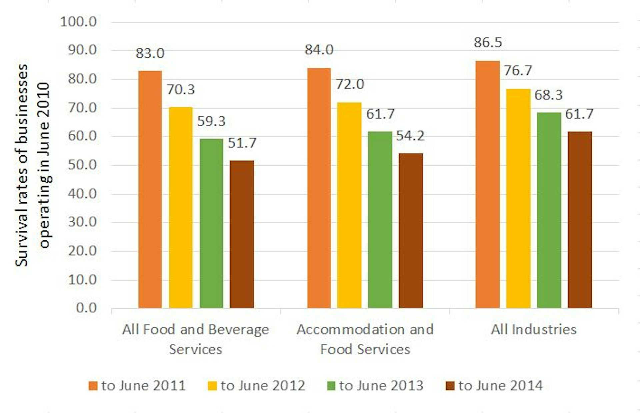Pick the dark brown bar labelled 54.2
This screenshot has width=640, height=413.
[x=411, y=230]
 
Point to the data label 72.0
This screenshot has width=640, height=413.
[x=350, y=84]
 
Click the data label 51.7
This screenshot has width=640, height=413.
[x=242, y=143]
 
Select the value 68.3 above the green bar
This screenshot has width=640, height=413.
[x=548, y=95]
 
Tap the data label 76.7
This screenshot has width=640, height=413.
[x=518, y=71]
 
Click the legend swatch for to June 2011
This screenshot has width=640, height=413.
[x=93, y=386]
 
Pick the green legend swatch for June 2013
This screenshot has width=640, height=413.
[x=331, y=386]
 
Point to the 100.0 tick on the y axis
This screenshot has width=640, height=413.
[x=78, y=22]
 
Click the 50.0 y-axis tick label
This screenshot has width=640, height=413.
[x=82, y=165]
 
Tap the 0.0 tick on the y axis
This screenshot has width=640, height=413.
[x=86, y=308]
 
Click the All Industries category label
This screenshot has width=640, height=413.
[x=534, y=330]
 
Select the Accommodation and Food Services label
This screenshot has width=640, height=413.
[x=365, y=339]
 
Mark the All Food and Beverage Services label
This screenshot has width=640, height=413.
[x=196, y=339]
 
